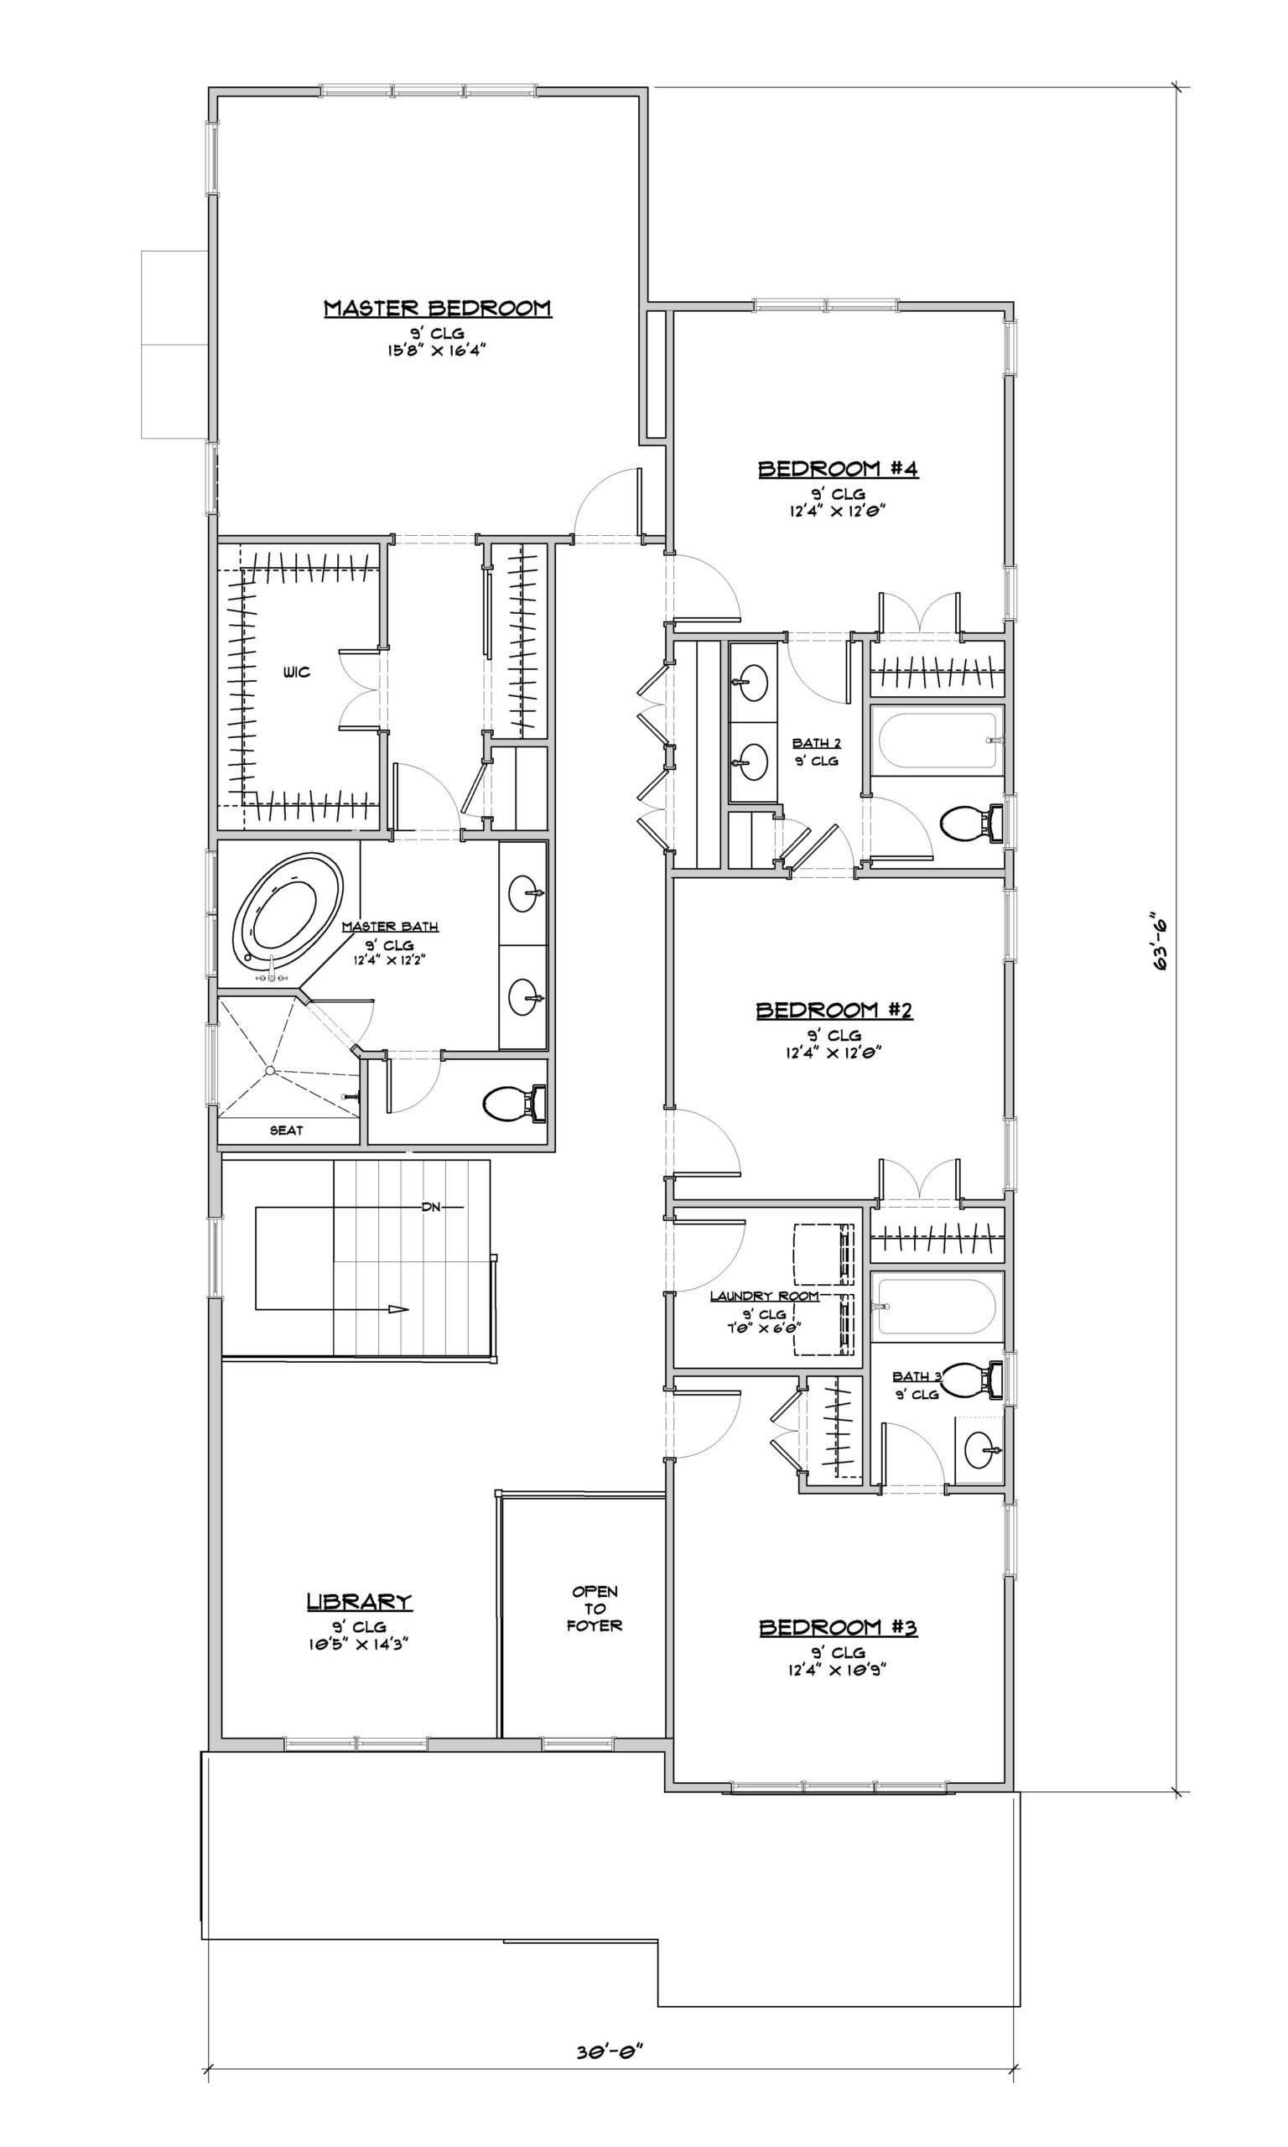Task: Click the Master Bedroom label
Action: point(438,308)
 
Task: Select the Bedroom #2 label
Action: point(835,1010)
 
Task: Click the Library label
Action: point(360,1602)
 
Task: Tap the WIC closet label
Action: point(296,673)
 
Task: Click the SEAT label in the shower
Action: point(287,1130)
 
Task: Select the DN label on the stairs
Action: point(431,1207)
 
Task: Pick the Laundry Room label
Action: point(765,1296)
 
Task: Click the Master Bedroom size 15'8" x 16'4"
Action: point(438,351)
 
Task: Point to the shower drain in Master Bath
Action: point(271,1070)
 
